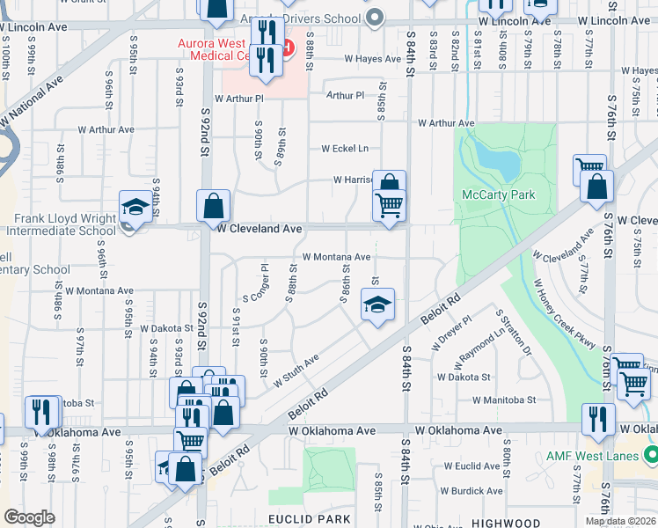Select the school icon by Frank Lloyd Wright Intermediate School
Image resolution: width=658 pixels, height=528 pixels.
[x=135, y=208]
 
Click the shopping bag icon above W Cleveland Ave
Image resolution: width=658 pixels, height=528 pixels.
[x=213, y=208]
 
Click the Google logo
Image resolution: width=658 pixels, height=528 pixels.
[x=30, y=517]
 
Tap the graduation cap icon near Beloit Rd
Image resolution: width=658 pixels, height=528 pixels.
[x=377, y=306]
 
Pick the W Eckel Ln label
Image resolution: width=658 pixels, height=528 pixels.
[x=345, y=149]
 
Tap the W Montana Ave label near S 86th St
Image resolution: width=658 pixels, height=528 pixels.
[x=336, y=257]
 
